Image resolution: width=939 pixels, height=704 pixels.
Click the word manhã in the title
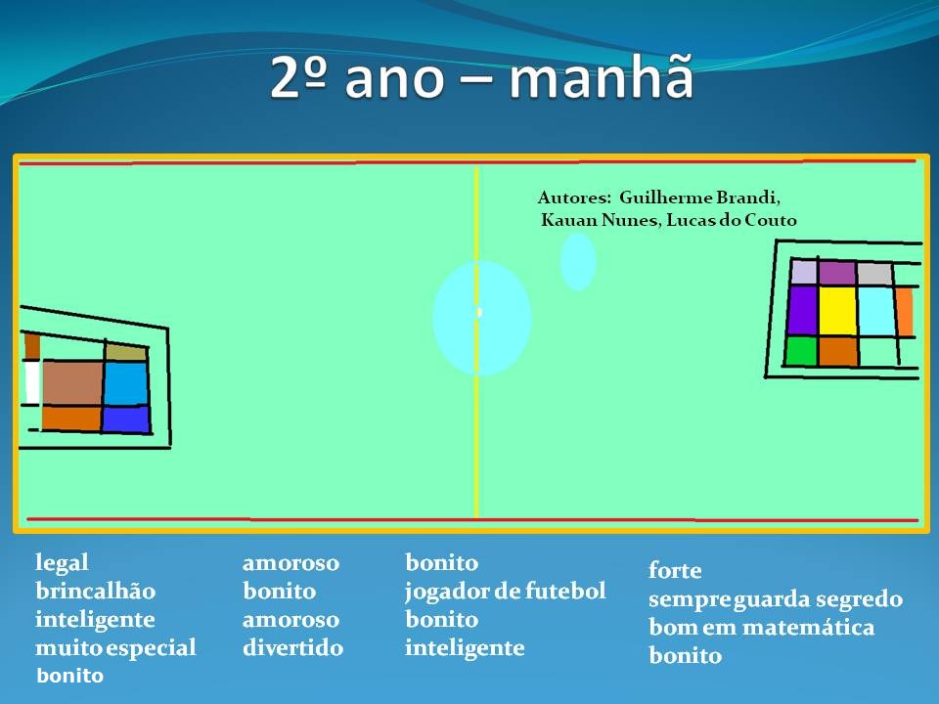[602, 76]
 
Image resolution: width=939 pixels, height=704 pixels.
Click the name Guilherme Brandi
[699, 198]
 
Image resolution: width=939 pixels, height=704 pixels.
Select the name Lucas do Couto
[732, 220]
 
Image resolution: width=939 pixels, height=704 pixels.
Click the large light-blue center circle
[481, 318]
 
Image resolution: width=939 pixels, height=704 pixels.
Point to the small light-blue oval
[578, 262]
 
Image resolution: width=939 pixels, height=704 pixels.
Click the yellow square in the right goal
[837, 311]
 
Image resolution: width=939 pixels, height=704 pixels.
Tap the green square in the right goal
[801, 351]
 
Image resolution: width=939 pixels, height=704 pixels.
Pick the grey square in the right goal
[874, 274]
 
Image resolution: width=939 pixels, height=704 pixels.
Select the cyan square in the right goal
[876, 311]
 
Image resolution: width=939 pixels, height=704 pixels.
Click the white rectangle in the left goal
[32, 382]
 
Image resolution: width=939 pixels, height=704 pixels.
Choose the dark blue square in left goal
[126, 419]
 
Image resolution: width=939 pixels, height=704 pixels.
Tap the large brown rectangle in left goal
[71, 382]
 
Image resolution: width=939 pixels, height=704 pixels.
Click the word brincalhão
[95, 592]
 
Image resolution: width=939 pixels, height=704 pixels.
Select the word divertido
[292, 647]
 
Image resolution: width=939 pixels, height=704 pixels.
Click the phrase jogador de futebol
[506, 592]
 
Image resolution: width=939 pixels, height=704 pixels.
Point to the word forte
[675, 570]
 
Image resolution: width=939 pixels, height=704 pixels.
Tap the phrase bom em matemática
[762, 627]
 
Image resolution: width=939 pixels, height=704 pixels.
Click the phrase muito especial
[115, 648]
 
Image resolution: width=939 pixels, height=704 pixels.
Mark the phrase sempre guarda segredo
[776, 599]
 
